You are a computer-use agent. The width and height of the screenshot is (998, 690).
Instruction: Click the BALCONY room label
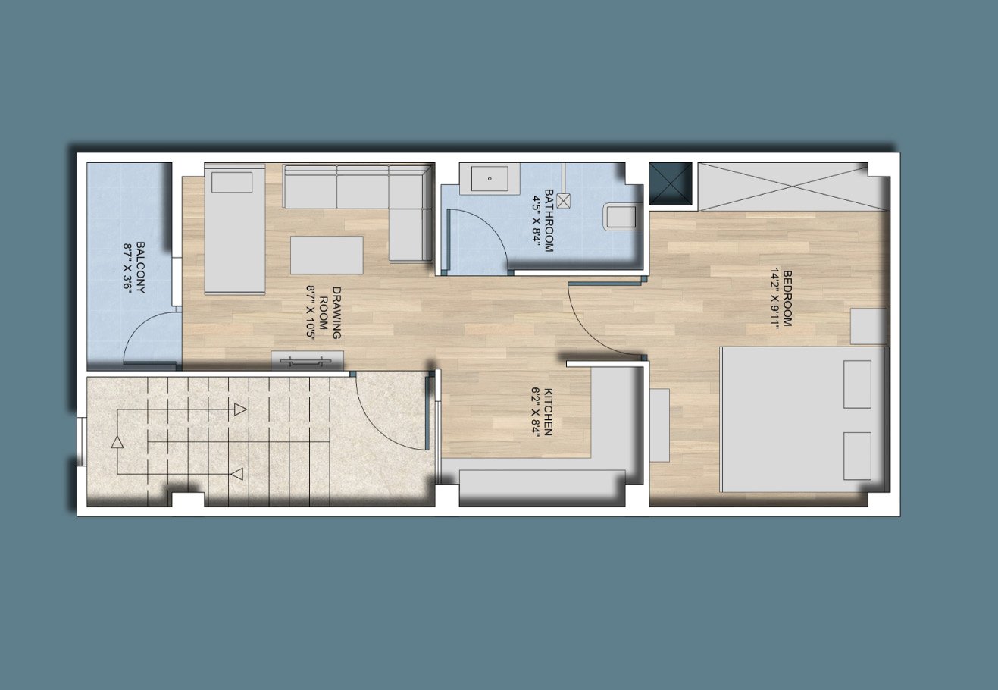click(x=140, y=267)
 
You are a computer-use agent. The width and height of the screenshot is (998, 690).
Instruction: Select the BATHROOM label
click(x=549, y=221)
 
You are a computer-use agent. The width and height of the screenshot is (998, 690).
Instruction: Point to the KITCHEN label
click(x=549, y=412)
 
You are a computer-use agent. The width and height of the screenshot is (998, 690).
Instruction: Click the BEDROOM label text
click(x=787, y=298)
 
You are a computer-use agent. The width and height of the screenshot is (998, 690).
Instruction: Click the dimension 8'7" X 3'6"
click(x=128, y=267)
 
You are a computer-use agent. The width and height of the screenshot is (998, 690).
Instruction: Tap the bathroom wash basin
click(x=490, y=179)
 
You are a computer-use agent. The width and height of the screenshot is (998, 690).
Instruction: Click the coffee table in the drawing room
click(x=327, y=255)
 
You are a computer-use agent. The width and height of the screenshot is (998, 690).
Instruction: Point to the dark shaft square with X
click(x=670, y=183)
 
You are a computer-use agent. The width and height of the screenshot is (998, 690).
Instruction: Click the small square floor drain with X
click(x=563, y=201)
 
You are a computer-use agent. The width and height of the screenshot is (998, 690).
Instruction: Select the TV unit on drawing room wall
click(x=308, y=361)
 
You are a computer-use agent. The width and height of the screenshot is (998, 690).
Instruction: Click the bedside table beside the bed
click(x=868, y=326)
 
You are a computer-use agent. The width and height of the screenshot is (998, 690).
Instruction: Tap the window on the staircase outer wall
click(x=82, y=441)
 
